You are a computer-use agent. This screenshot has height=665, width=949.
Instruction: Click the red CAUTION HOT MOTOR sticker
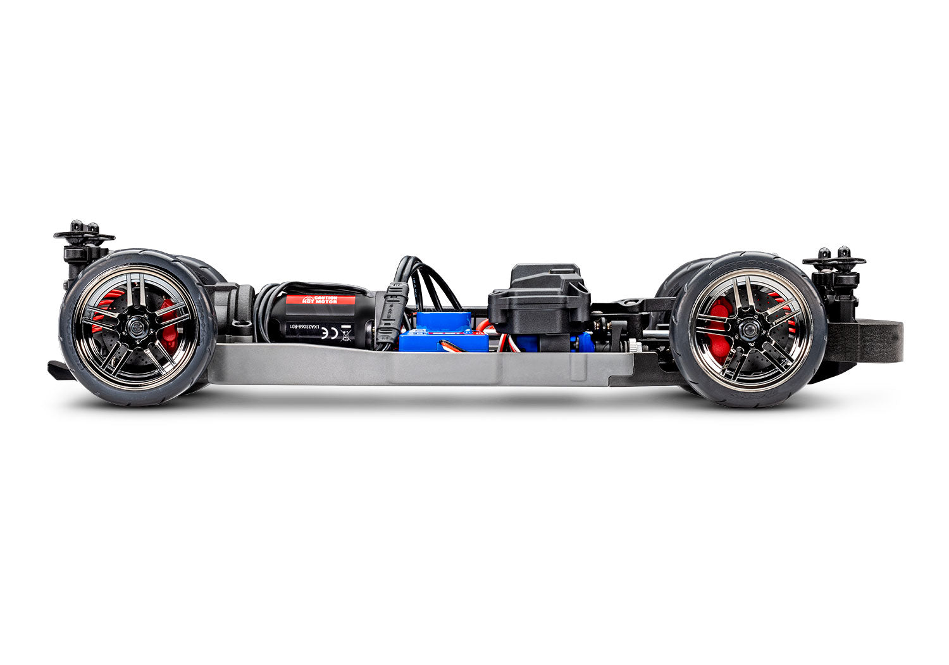coord(320,300)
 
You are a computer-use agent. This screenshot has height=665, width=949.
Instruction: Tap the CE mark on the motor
coord(325,330)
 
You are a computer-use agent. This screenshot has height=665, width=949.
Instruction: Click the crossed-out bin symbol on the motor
coord(345,332)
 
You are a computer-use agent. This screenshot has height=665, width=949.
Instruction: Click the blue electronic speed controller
coord(443,332)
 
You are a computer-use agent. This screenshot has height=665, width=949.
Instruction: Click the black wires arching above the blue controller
coord(430,282)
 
